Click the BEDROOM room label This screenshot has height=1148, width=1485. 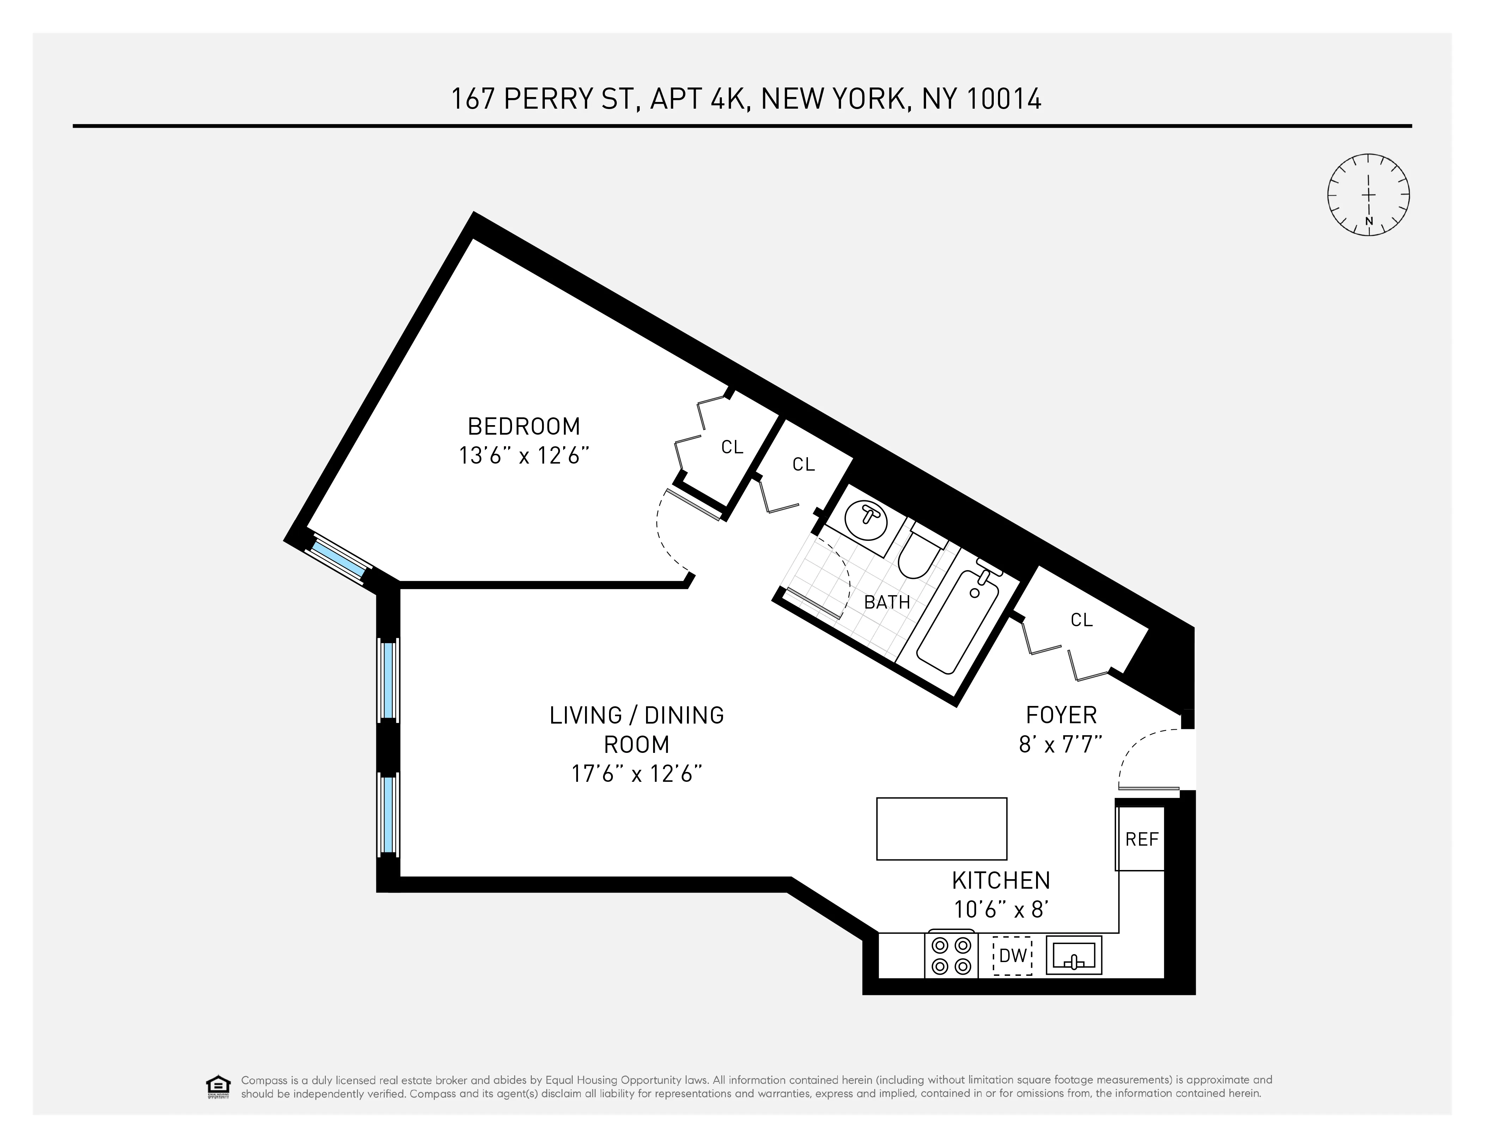click(x=524, y=427)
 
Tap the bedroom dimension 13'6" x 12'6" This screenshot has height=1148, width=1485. click(x=524, y=456)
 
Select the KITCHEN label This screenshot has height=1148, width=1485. click(x=1001, y=881)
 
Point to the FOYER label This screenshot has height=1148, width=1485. click(x=1061, y=715)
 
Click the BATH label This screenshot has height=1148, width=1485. click(x=887, y=602)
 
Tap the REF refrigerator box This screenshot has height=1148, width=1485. click(x=1141, y=839)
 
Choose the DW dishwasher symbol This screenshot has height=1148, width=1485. click(x=1012, y=955)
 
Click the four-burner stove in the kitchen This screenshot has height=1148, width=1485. click(x=951, y=955)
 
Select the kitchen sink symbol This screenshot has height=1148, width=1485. click(x=1073, y=955)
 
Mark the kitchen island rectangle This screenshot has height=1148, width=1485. click(x=941, y=828)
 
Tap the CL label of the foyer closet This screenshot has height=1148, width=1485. click(x=1081, y=620)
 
